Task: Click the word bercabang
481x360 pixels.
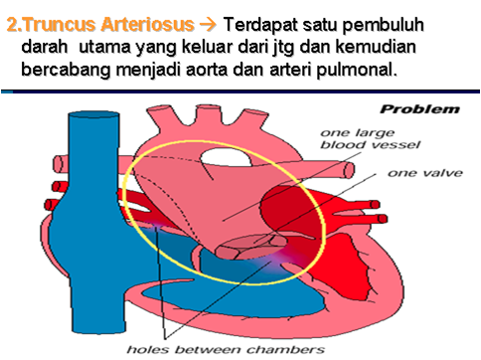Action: pos(67,71)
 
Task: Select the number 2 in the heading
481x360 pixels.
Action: pos(14,23)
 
